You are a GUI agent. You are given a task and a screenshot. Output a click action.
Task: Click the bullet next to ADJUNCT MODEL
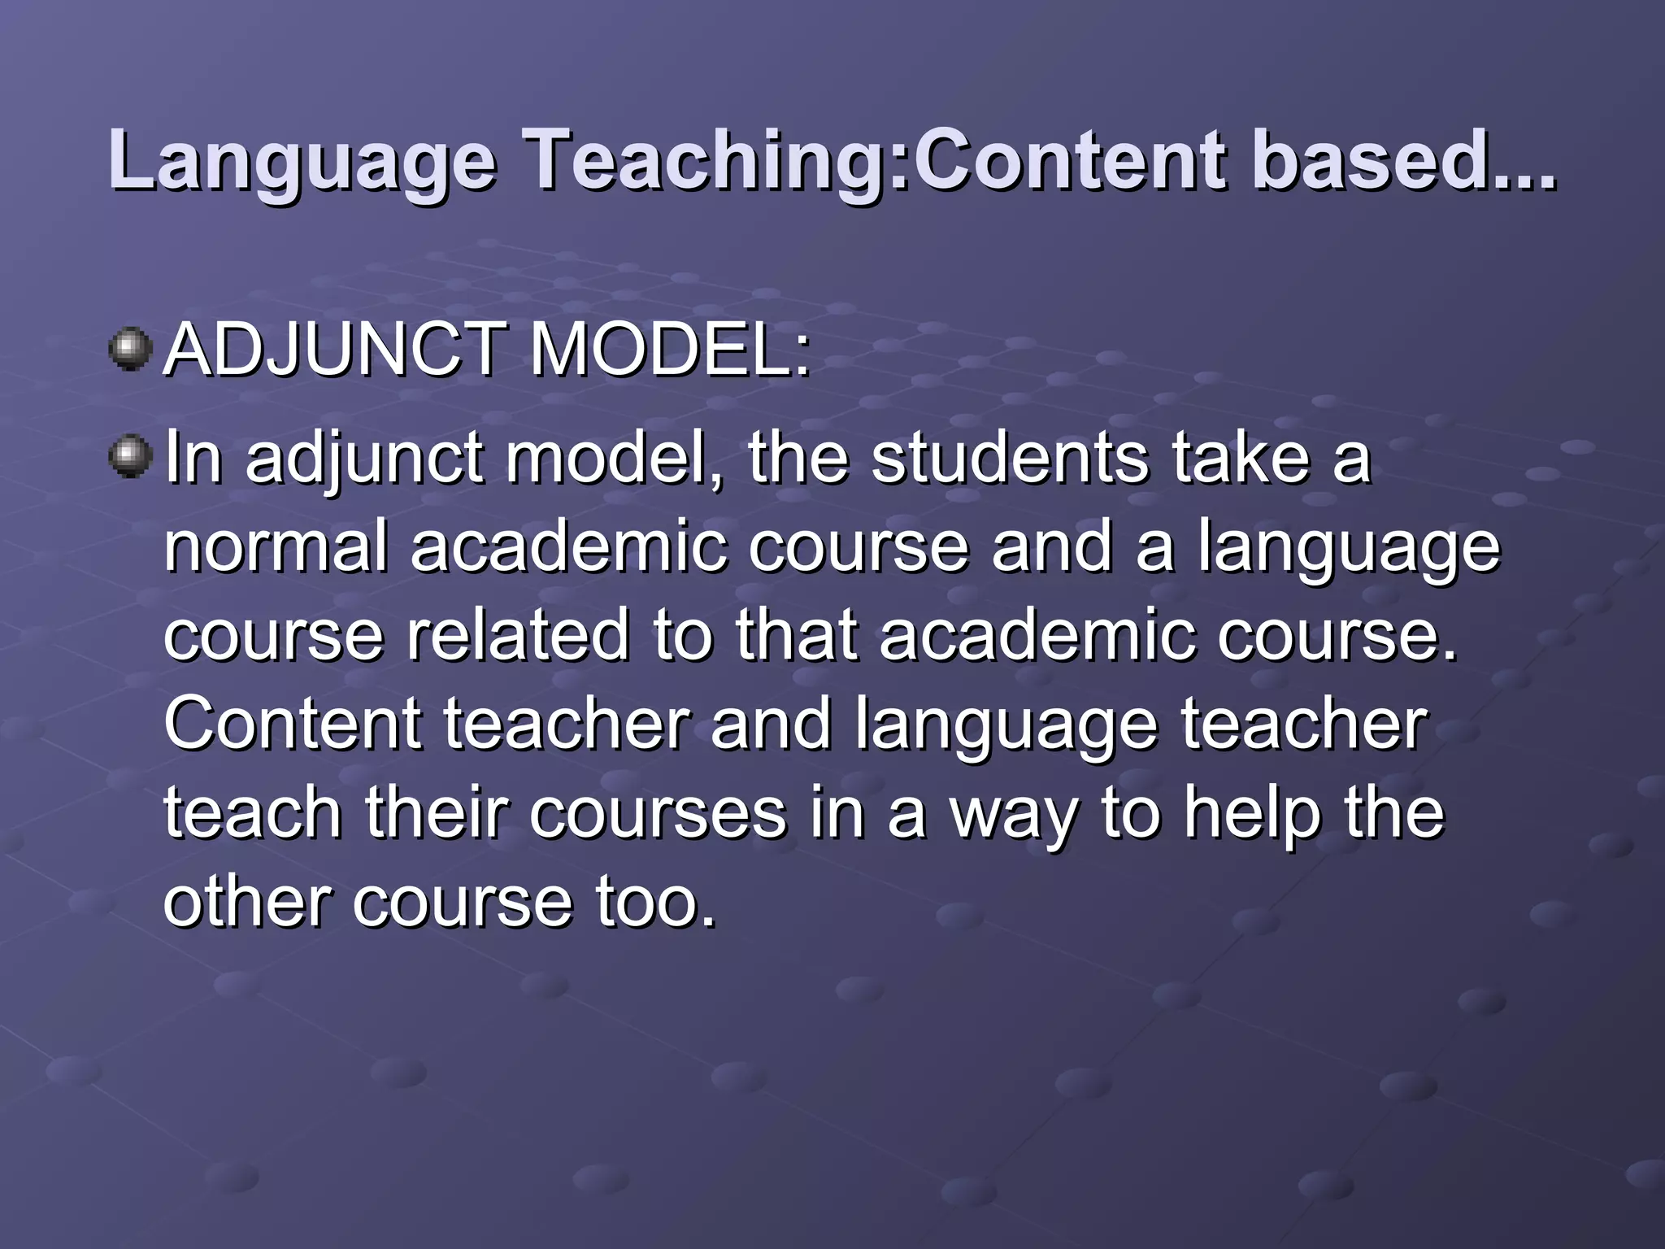pyautogui.click(x=130, y=350)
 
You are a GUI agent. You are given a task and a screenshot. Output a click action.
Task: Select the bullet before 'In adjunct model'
pyautogui.click(x=130, y=457)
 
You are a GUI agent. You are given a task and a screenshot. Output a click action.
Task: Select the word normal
pyautogui.click(x=276, y=546)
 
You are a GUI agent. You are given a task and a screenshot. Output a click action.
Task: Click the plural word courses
pyautogui.click(x=659, y=816)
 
